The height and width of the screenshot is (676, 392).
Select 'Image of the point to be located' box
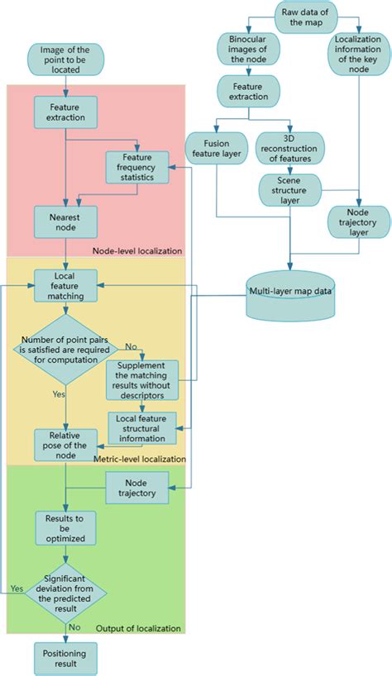pos(65,60)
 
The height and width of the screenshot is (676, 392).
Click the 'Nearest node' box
pos(65,221)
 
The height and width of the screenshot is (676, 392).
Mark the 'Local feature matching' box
pos(65,284)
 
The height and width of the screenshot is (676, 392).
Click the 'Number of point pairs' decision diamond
pos(65,349)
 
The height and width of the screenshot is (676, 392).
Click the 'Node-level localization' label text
pos(137,250)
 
